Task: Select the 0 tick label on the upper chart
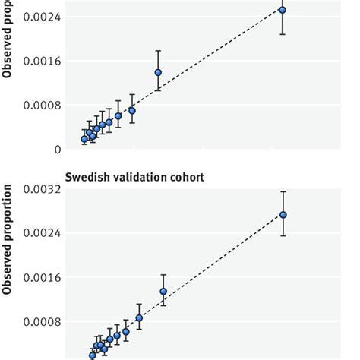pyautogui.click(x=57, y=149)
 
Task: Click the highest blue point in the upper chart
pyautogui.click(x=283, y=10)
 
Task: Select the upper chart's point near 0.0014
pyautogui.click(x=158, y=72)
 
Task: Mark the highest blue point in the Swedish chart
pyautogui.click(x=283, y=215)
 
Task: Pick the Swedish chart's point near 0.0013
pyautogui.click(x=163, y=292)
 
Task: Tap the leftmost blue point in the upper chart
pyautogui.click(x=84, y=139)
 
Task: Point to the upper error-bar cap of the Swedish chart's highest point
pyautogui.click(x=283, y=191)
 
